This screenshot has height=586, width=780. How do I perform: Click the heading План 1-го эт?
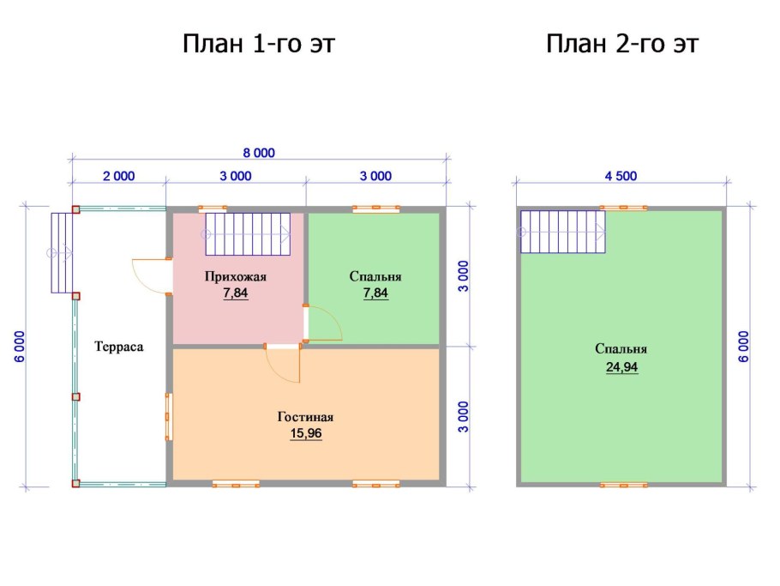259,44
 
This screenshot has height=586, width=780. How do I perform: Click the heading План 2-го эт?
622,44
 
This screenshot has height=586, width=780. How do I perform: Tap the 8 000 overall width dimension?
259,153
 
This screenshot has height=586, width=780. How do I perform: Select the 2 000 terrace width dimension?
119,176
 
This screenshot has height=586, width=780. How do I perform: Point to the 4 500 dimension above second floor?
621,176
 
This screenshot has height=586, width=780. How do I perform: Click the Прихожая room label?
236,277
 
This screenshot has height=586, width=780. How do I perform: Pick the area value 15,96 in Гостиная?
306,433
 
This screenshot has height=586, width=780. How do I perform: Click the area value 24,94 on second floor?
621,367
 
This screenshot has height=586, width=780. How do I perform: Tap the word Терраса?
119,347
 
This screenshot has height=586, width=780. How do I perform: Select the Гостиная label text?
305,417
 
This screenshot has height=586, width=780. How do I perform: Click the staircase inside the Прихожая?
248,234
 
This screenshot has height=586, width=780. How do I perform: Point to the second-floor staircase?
563,232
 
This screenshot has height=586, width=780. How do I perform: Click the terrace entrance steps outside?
63,253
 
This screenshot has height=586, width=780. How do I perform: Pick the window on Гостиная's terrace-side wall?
169,416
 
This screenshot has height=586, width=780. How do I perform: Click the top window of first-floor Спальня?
376,208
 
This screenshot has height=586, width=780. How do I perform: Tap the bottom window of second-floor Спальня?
623,485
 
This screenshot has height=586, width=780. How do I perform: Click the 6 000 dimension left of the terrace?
20,347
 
